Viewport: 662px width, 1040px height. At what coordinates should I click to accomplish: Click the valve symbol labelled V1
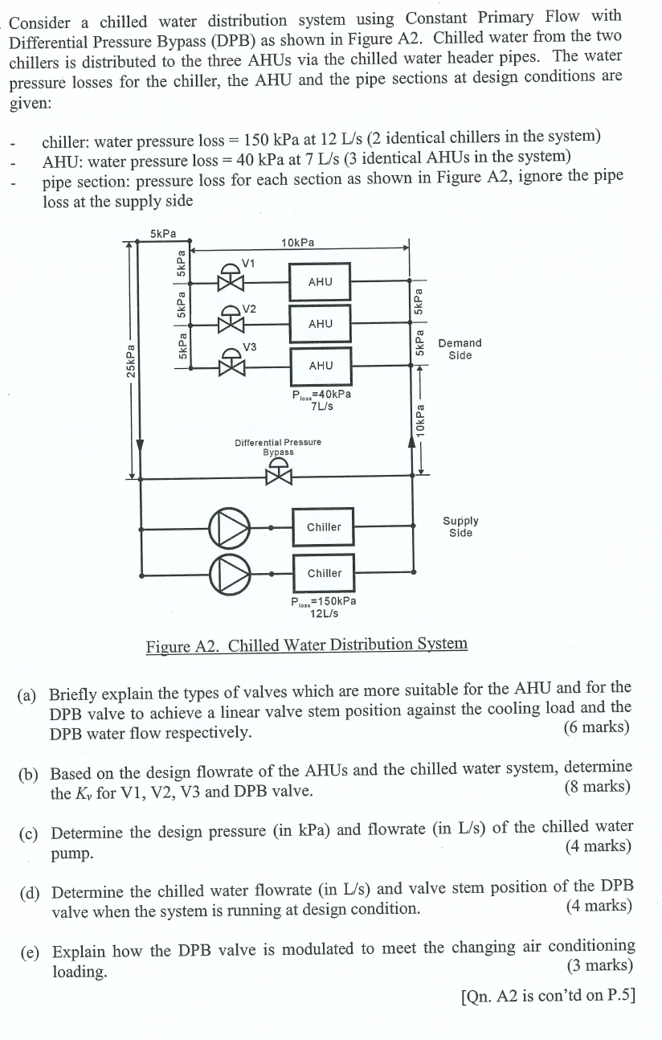tap(232, 281)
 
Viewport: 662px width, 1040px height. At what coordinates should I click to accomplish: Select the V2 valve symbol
tap(232, 323)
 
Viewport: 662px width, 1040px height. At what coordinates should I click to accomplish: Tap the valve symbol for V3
tap(232, 366)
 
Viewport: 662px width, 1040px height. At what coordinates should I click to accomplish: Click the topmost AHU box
tap(320, 281)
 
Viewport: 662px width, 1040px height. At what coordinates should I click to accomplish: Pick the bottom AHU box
tap(320, 366)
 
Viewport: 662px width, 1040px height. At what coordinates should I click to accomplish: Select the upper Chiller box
tap(324, 527)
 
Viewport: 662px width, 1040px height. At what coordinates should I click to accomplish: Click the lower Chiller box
tap(324, 573)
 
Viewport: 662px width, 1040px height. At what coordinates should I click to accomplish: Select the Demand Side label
tap(460, 349)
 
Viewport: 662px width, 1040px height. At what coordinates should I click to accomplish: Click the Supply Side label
tap(460, 526)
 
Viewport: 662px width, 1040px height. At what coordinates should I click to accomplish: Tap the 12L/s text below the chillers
tap(324, 613)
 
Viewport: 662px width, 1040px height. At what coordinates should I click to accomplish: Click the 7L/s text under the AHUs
tap(322, 406)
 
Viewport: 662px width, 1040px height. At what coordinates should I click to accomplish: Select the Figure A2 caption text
tap(306, 645)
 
